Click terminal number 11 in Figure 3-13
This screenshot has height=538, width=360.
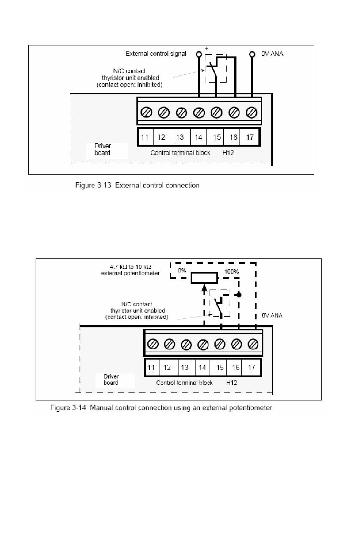pos(145,137)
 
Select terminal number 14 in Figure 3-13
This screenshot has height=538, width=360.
pos(198,137)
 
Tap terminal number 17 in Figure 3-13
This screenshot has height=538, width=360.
pos(250,137)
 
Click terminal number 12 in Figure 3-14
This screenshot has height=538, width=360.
pos(167,368)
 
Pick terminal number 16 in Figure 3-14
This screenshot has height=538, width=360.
pos(236,368)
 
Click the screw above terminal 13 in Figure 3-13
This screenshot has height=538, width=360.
pos(181,113)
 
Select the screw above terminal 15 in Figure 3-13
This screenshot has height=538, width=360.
pos(216,113)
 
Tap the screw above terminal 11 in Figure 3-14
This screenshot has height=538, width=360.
pos(153,344)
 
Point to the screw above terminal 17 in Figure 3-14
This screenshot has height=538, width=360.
pos(253,344)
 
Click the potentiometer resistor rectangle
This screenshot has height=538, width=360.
pos(204,278)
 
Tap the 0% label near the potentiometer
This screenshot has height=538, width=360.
pos(182,271)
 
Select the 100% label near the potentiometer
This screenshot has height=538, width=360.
pos(232,271)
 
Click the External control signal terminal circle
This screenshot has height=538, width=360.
pos(199,54)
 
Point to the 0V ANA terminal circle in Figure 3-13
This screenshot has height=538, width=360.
pos(252,54)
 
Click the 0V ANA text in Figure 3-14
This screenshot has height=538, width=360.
pos(272,315)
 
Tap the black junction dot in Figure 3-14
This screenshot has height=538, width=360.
pos(239,295)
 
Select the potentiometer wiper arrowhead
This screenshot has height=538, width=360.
pos(204,288)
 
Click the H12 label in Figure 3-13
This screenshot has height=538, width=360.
pos(228,153)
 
